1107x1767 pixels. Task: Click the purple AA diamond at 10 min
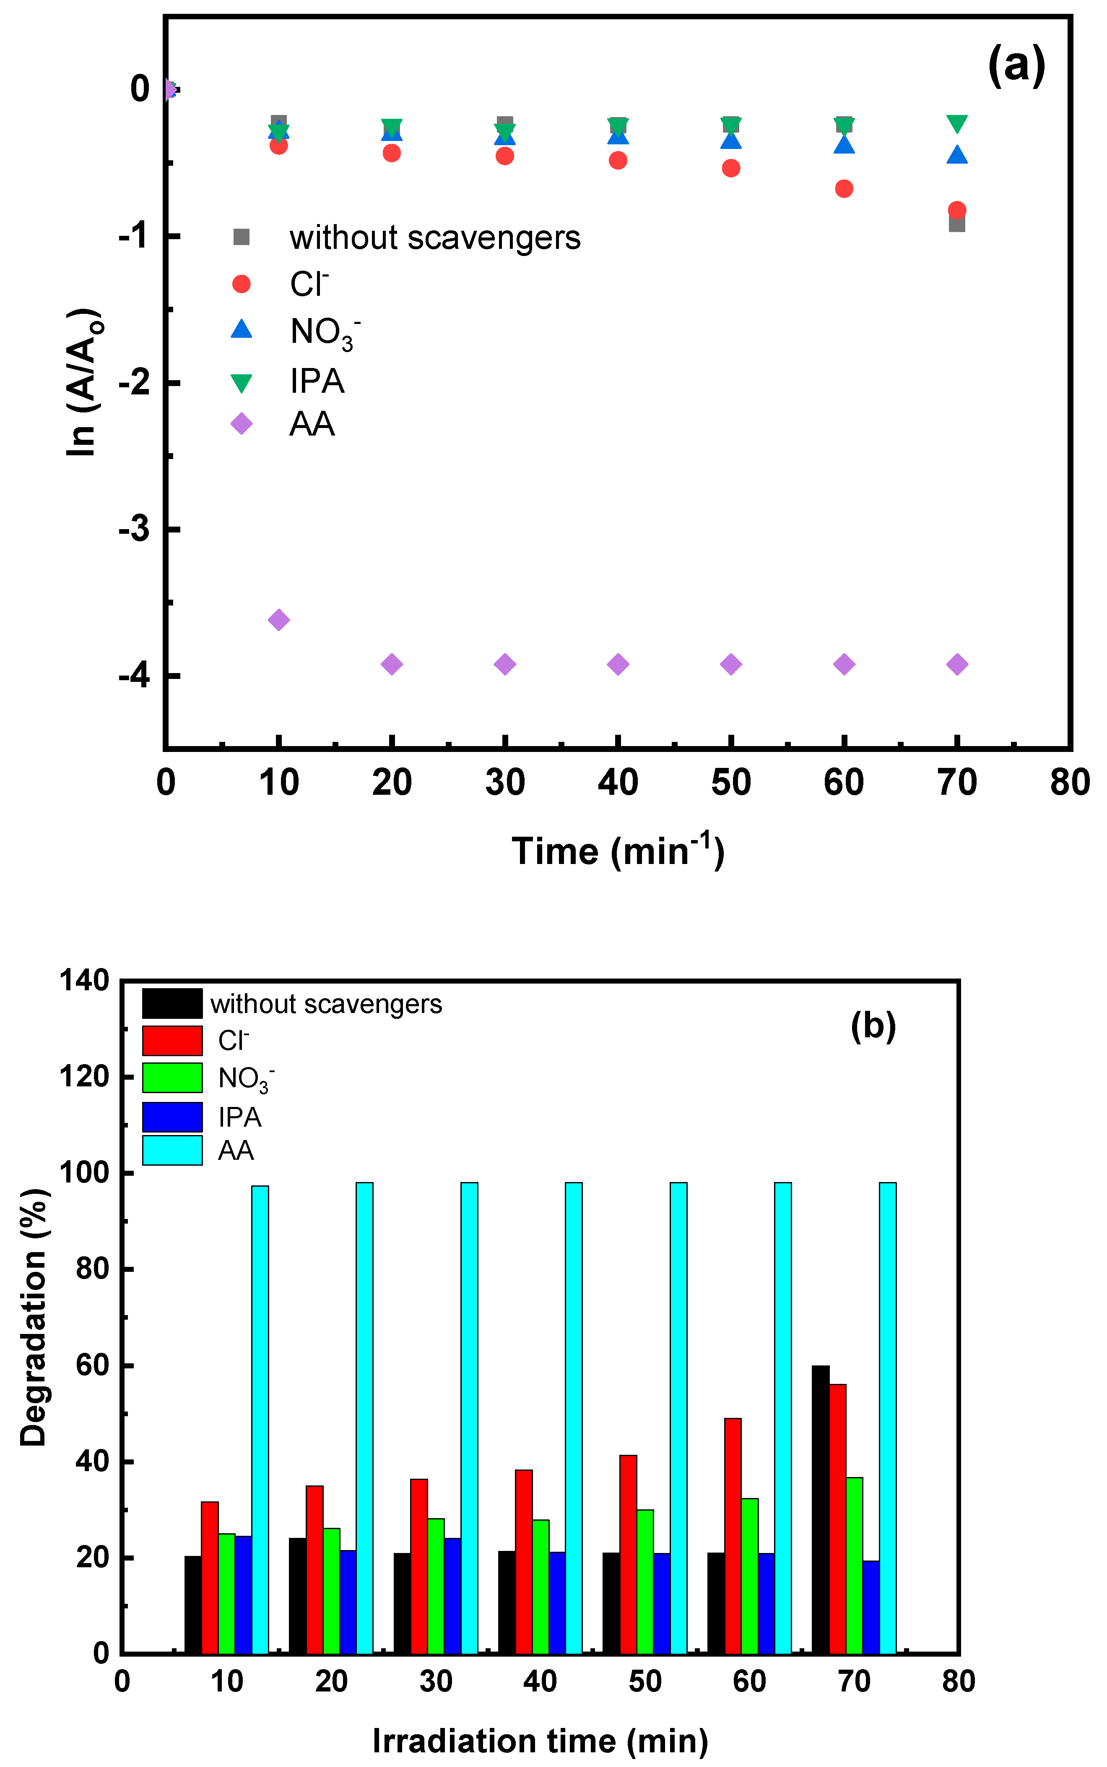[278, 620]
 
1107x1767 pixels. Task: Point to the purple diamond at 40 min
[618, 664]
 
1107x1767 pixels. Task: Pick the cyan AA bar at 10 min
[260, 1419]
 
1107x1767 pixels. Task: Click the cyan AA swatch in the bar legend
[172, 1150]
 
